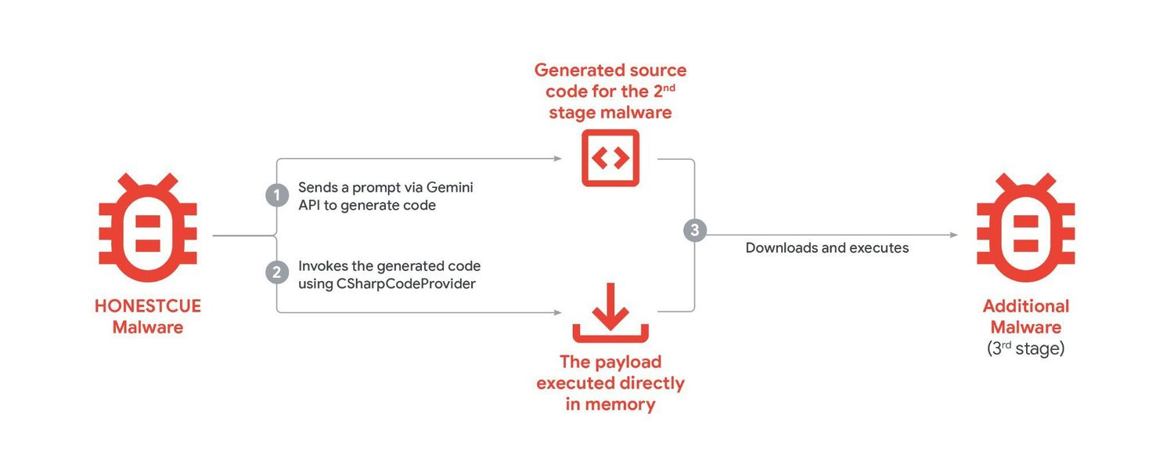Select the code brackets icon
tap(610, 158)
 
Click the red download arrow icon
tap(610, 312)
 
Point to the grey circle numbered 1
tap(277, 195)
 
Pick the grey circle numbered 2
tap(277, 272)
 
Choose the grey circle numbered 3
tap(694, 230)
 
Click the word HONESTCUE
tap(147, 306)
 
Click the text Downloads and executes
tap(826, 248)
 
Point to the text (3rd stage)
tap(1025, 349)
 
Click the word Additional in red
tap(1025, 306)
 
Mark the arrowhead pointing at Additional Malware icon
tap(953, 235)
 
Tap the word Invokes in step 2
tap(320, 266)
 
